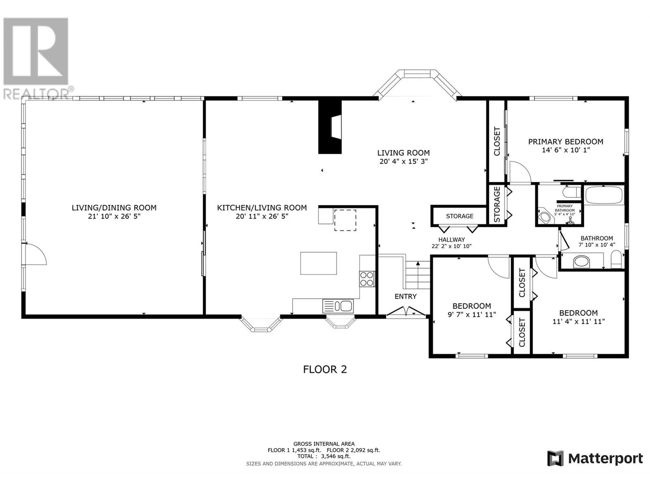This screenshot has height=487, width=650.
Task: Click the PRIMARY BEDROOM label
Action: click(565, 142)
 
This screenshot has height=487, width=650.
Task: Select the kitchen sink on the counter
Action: click(338, 306)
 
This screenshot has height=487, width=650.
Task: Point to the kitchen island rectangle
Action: click(318, 263)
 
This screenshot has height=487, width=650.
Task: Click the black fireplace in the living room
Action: click(330, 127)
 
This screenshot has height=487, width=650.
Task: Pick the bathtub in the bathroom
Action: click(604, 194)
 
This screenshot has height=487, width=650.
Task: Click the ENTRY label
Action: click(405, 296)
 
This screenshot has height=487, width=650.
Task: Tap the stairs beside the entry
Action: click(418, 275)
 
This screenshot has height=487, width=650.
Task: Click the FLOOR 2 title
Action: click(325, 369)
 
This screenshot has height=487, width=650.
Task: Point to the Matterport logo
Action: click(595, 459)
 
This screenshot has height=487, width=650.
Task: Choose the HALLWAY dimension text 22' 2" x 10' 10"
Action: click(451, 246)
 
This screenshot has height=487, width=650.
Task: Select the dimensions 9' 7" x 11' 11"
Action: click(472, 314)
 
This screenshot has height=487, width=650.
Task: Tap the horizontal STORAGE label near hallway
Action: click(459, 216)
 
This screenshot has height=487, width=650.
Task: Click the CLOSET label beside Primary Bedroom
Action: click(497, 141)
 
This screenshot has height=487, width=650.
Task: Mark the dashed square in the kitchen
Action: click(345, 220)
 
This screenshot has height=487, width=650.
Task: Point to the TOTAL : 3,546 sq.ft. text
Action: click(324, 456)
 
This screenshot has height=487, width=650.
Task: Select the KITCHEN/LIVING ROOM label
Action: click(262, 208)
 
